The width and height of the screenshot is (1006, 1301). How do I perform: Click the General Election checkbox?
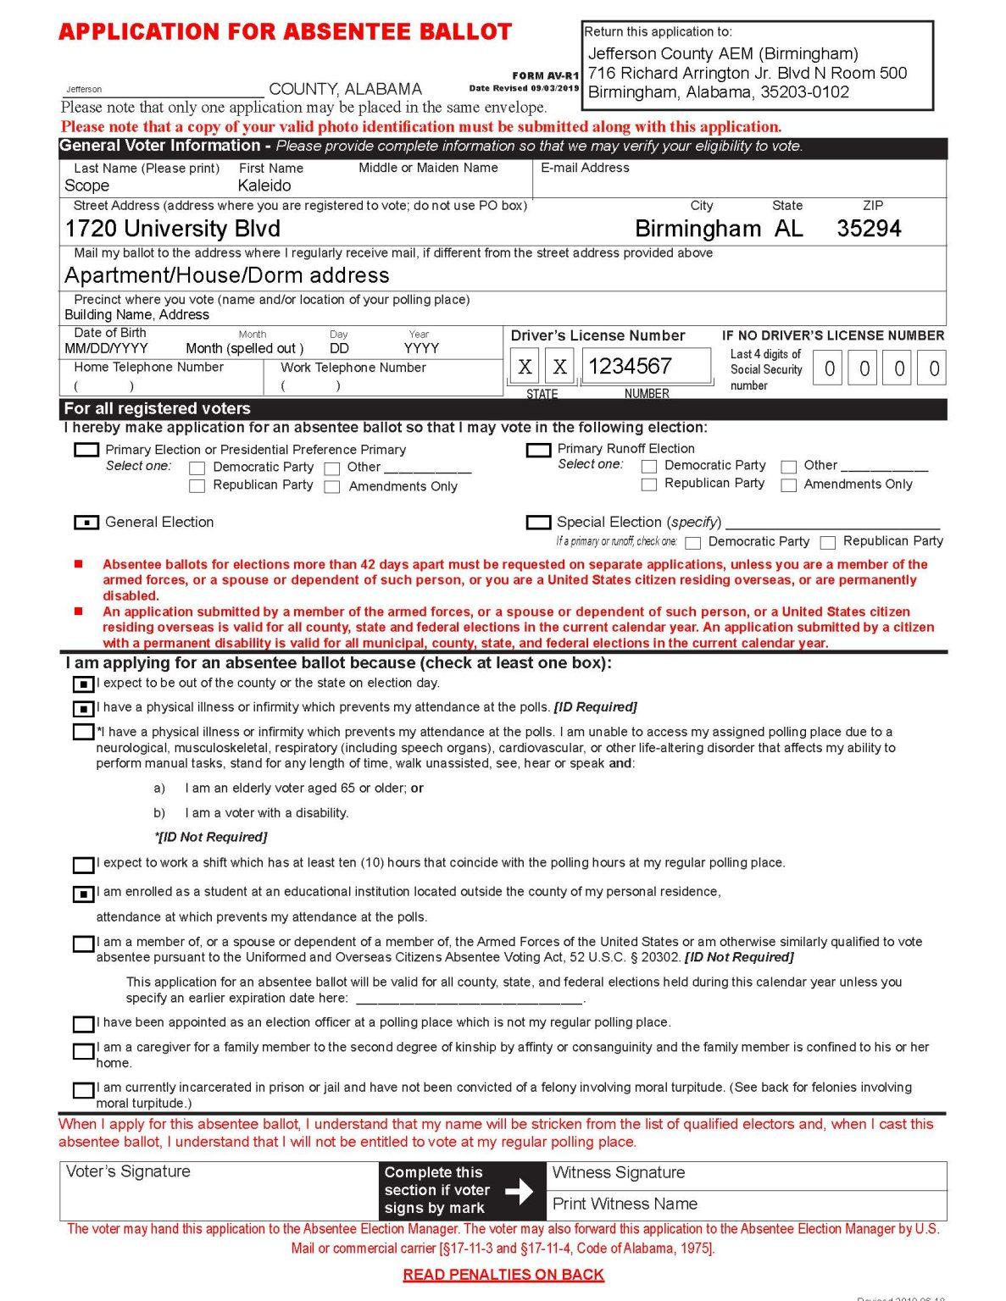point(86,523)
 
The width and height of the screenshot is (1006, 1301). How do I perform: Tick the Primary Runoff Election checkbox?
point(538,450)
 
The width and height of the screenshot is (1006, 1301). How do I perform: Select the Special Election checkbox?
point(538,523)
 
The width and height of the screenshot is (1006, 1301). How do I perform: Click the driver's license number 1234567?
point(630,366)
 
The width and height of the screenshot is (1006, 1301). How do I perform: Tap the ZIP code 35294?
point(869,229)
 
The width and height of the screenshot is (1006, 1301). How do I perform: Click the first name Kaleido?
point(264,185)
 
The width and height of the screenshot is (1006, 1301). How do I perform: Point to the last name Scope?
point(86,185)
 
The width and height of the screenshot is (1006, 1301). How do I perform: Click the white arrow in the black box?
point(519,1192)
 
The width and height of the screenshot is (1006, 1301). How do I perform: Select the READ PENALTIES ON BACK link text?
point(503,1275)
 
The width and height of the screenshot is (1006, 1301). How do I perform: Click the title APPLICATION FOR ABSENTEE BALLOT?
point(286,32)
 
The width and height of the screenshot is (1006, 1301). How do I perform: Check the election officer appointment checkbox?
point(83,1024)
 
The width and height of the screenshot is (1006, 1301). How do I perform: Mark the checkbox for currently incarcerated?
point(83,1089)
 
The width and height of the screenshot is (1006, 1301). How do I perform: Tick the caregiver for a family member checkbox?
point(83,1050)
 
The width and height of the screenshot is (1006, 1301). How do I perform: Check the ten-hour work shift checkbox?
point(83,865)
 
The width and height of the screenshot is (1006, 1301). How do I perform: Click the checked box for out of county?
point(83,684)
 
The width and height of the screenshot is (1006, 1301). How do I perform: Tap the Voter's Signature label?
point(128,1171)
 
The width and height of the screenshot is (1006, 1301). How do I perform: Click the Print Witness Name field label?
point(625,1204)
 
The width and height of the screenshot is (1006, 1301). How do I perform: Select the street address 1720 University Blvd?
point(172,229)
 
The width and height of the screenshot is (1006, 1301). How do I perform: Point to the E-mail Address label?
point(585,168)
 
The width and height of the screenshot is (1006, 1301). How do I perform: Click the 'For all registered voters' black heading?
point(157,408)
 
